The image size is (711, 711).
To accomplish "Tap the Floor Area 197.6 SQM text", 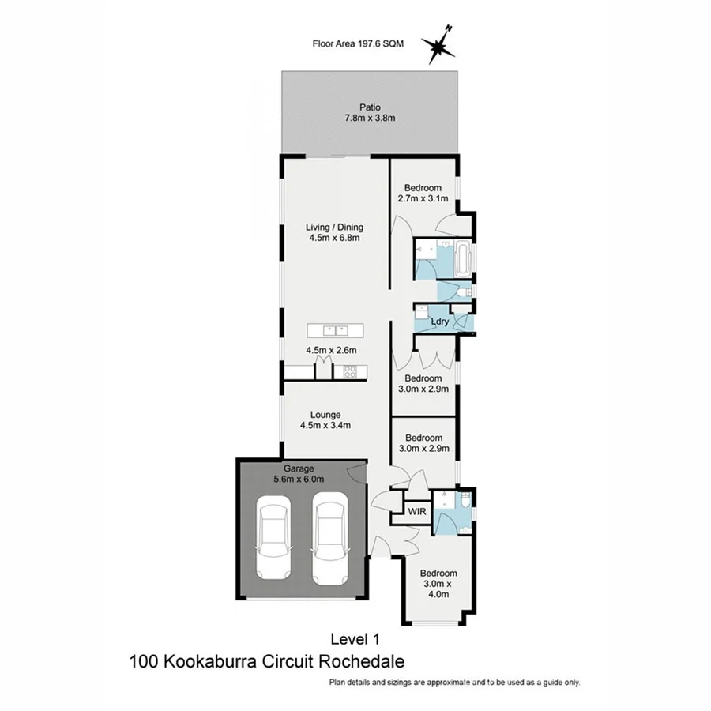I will tap(358, 44).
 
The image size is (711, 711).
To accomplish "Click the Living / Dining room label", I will tap(335, 228).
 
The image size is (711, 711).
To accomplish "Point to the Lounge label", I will tap(325, 414).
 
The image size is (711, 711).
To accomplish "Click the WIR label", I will tap(417, 512).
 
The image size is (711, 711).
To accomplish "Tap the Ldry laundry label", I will tap(440, 321).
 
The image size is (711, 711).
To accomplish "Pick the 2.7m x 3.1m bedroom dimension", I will tap(423, 200).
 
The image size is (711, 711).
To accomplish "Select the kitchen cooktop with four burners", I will tap(349, 371).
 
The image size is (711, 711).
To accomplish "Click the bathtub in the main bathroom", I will tap(464, 257).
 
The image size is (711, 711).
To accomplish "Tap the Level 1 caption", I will tap(355, 637).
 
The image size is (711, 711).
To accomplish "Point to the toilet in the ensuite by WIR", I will tap(467, 500).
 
